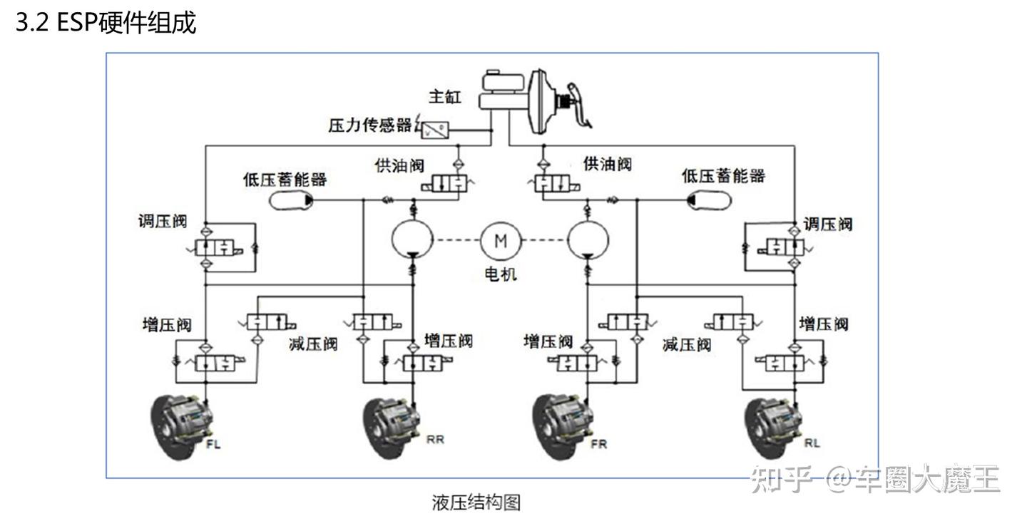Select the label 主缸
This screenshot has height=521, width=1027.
pyautogui.click(x=446, y=97)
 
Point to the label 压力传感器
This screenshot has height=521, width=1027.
pyautogui.click(x=370, y=125)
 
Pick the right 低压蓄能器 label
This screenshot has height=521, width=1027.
pyautogui.click(x=723, y=175)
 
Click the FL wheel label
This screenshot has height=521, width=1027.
pyautogui.click(x=213, y=445)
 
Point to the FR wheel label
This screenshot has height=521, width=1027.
pyautogui.click(x=598, y=445)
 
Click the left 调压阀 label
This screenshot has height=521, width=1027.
pyautogui.click(x=163, y=221)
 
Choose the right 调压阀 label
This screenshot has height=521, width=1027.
pyautogui.click(x=827, y=224)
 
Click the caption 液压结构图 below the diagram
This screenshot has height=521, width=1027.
pyautogui.click(x=476, y=502)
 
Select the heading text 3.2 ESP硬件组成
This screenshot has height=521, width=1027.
pyautogui.click(x=106, y=24)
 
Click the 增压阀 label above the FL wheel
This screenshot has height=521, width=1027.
pyautogui.click(x=167, y=325)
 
